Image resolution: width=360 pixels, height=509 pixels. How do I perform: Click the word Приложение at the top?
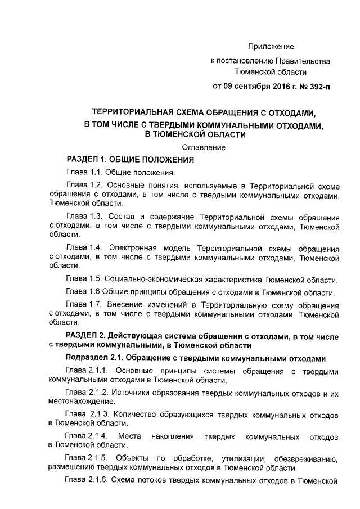(271, 46)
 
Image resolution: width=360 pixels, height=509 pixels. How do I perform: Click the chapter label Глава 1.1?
(84, 173)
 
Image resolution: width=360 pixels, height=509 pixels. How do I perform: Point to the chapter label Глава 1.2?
(84, 186)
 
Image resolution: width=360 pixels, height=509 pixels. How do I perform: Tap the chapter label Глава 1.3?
(84, 217)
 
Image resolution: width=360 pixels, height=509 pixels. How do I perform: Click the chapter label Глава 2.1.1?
(87, 371)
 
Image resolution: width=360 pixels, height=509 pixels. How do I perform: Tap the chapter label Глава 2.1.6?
(87, 481)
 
